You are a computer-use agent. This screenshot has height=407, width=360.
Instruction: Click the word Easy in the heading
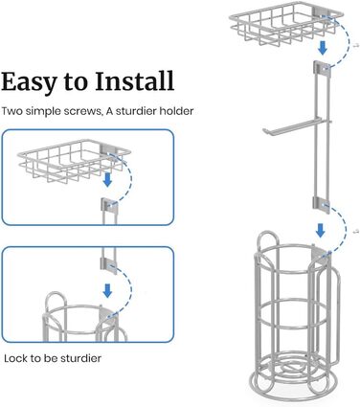tap(28, 82)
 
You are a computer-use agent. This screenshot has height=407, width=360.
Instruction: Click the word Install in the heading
tap(134, 80)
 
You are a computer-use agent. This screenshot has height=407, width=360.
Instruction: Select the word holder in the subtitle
tap(176, 111)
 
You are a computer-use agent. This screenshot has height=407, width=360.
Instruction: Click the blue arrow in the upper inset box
tap(107, 180)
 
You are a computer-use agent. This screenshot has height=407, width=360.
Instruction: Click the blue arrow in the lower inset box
tap(107, 290)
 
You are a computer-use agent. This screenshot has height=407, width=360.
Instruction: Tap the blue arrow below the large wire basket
tap(323, 48)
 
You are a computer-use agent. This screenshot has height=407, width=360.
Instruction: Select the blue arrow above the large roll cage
tap(320, 230)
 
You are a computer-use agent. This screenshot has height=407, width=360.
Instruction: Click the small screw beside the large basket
tap(356, 46)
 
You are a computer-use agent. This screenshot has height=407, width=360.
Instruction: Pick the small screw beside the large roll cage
tap(356, 231)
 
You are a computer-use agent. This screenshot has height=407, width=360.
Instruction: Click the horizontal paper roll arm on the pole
tap(297, 126)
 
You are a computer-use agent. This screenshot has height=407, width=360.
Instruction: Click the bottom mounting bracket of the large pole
tap(322, 205)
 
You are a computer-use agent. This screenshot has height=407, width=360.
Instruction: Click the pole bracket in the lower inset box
tap(109, 266)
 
